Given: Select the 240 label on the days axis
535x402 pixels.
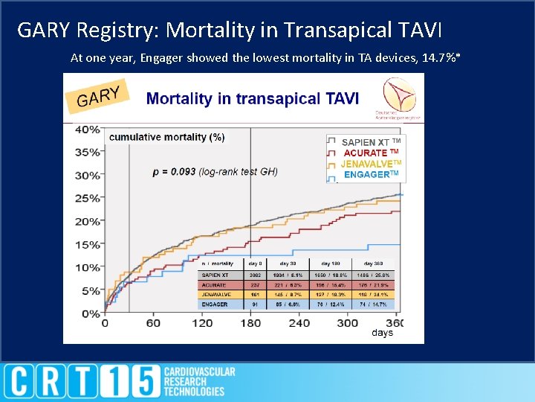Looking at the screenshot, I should [299, 324].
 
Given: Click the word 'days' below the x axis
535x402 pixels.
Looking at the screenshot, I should [382, 333].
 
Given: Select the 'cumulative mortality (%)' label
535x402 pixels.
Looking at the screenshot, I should [166, 137].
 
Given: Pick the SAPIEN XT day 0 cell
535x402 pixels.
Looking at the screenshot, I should [255, 275].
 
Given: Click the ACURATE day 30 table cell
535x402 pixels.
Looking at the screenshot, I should [295, 284].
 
